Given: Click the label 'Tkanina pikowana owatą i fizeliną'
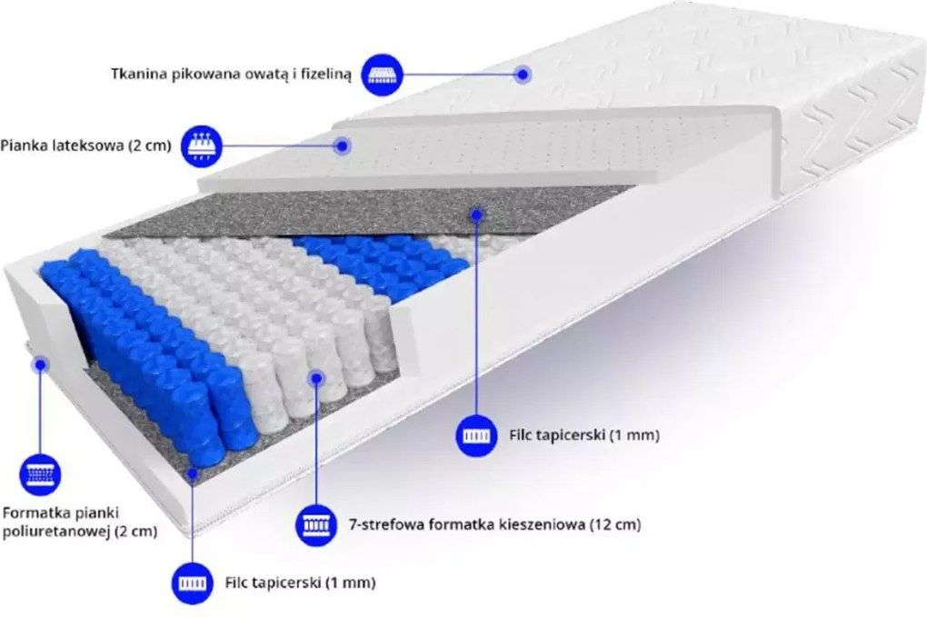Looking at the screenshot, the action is point(231,75).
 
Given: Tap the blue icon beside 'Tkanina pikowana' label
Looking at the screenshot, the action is point(382,75).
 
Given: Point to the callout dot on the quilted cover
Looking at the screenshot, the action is point(522,75).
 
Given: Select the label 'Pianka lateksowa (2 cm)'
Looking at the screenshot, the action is point(85,145).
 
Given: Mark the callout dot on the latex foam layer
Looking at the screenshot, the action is point(342,145).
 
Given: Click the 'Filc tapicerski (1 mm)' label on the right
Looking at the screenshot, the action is point(584,435).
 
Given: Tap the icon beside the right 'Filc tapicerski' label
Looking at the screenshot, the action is point(476,436).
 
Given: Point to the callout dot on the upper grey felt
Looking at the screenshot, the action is point(477,214).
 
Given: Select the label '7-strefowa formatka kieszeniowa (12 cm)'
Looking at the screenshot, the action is point(494,524).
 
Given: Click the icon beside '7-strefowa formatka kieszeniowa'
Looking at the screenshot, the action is point(316,525).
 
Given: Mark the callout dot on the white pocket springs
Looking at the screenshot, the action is point(316,378).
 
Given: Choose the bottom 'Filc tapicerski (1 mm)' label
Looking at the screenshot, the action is point(300,582).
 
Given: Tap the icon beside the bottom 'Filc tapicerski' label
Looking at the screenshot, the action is point(193,583).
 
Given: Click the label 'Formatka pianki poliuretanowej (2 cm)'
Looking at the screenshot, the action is point(80,522).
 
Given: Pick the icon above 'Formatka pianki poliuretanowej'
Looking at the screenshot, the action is point(40,474).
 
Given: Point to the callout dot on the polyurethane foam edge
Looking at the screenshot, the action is point(40,364).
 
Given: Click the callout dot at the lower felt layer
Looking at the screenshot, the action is point(193,473).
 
